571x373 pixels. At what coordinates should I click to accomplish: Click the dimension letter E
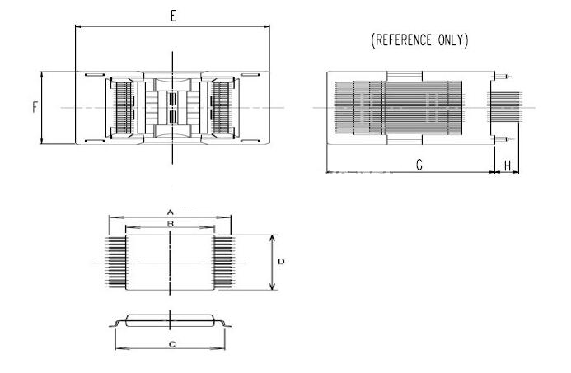173,16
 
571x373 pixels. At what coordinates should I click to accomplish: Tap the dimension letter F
35,107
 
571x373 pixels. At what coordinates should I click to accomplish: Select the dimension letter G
419,165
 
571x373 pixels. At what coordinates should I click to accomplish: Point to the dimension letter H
508,166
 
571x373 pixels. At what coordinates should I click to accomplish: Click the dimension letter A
170,212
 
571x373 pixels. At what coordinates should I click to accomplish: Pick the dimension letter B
171,224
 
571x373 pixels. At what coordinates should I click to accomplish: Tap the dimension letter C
172,344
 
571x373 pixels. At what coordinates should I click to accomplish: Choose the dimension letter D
281,262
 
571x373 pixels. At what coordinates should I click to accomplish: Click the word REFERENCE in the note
404,40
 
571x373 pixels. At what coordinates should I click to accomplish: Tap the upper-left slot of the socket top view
95,75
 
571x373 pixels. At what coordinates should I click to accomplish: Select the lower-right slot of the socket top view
250,141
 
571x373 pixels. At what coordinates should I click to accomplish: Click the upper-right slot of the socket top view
250,75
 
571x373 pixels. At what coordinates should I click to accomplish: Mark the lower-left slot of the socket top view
95,141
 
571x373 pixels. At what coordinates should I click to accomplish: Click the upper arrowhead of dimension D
272,238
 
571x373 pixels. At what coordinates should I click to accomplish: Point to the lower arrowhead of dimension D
272,287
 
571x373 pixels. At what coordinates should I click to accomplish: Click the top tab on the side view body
405,76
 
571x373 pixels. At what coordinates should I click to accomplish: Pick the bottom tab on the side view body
405,140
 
